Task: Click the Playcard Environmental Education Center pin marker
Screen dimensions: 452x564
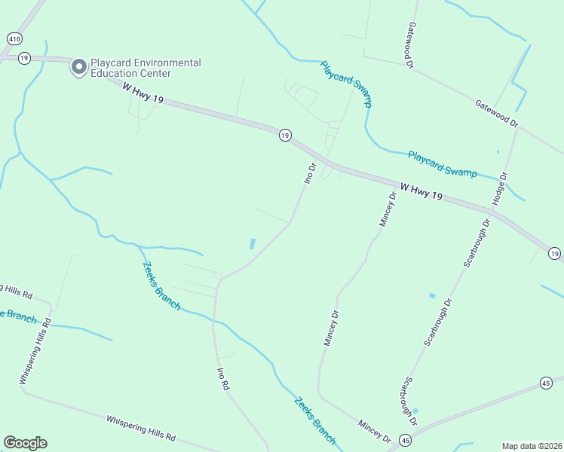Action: click(78, 68)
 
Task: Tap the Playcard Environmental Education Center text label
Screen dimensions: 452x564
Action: click(146, 68)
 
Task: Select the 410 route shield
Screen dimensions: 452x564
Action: click(14, 38)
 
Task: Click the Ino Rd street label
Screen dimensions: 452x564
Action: click(222, 378)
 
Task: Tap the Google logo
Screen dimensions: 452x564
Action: click(25, 443)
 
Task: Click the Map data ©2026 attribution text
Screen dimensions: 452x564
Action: click(532, 446)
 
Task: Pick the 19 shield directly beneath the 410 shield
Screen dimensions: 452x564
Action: click(24, 57)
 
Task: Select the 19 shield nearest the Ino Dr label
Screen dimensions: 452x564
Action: click(284, 135)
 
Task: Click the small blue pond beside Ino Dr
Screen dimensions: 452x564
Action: click(252, 244)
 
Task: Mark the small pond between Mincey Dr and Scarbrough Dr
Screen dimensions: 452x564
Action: click(432, 295)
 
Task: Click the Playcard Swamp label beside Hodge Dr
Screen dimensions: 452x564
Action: click(442, 163)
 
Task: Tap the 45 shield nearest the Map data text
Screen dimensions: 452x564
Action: click(546, 383)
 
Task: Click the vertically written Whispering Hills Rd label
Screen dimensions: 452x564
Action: click(35, 351)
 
